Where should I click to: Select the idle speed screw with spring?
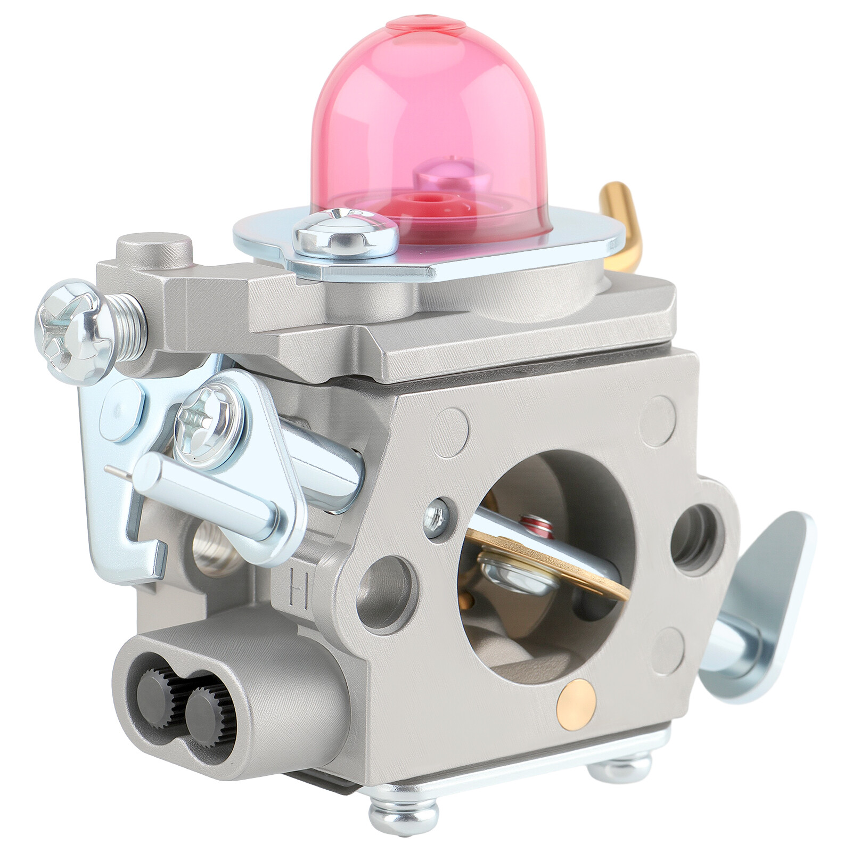[88, 330]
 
